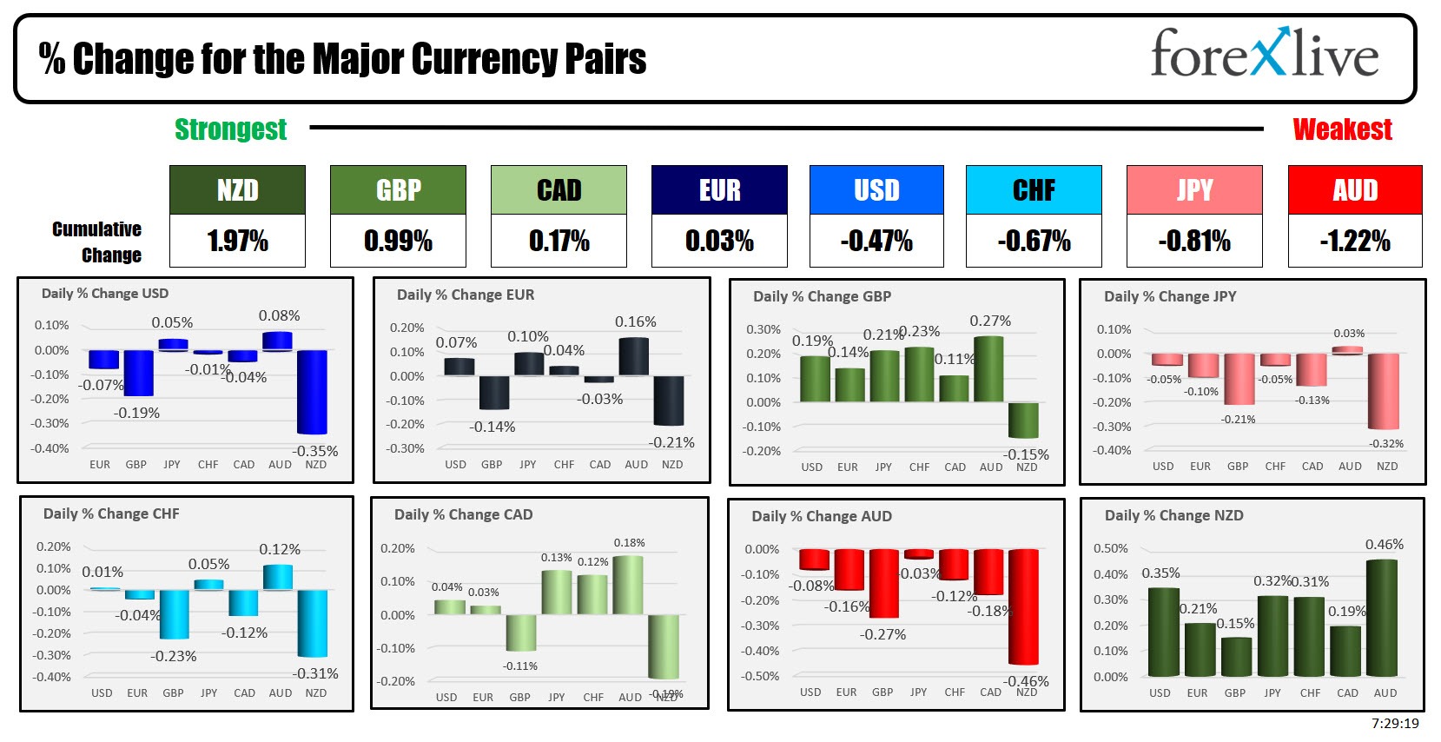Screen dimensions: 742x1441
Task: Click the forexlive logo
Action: click(x=1264, y=53)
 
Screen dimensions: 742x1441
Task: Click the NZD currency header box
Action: click(x=237, y=190)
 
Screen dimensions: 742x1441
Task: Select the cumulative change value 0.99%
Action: click(x=398, y=241)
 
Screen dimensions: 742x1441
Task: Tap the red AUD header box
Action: click(x=1355, y=190)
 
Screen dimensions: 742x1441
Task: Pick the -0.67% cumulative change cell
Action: click(x=1034, y=241)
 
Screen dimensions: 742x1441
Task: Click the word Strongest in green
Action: click(x=230, y=129)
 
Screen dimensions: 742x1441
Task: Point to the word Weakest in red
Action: click(x=1342, y=129)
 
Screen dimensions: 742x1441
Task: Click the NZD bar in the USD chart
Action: click(x=313, y=391)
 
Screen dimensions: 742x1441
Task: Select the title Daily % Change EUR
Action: click(x=465, y=295)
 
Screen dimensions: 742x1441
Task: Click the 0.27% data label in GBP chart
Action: click(x=990, y=321)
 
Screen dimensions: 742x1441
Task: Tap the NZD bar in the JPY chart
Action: click(x=1384, y=391)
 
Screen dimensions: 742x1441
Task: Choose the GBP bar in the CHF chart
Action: click(x=174, y=613)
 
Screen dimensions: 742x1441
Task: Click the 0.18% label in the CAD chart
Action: click(x=629, y=543)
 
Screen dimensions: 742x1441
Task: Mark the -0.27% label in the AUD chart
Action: click(x=882, y=635)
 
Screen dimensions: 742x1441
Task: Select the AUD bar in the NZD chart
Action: click(x=1382, y=617)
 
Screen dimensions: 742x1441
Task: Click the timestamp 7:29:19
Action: click(x=1395, y=724)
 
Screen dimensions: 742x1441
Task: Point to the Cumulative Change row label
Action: click(x=97, y=242)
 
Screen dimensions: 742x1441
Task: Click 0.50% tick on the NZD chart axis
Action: click(x=1110, y=549)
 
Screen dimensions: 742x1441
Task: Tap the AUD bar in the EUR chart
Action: click(x=634, y=356)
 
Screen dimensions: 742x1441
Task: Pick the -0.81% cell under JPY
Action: click(x=1193, y=241)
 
